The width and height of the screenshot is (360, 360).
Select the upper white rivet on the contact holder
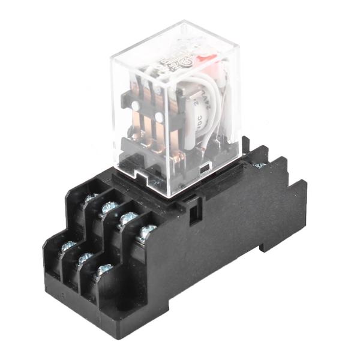coord(136,105)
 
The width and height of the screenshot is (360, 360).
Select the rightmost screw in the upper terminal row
coord(146,230)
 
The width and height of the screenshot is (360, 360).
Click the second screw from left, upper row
coord(109,208)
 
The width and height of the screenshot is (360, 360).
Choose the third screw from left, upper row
coord(127,218)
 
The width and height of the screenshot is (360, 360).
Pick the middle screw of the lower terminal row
coord(85,258)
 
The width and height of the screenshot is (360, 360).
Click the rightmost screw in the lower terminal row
coord(104,270)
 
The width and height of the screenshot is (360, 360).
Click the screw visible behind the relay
coord(259,165)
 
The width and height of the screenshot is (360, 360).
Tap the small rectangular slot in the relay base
coord(207,164)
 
